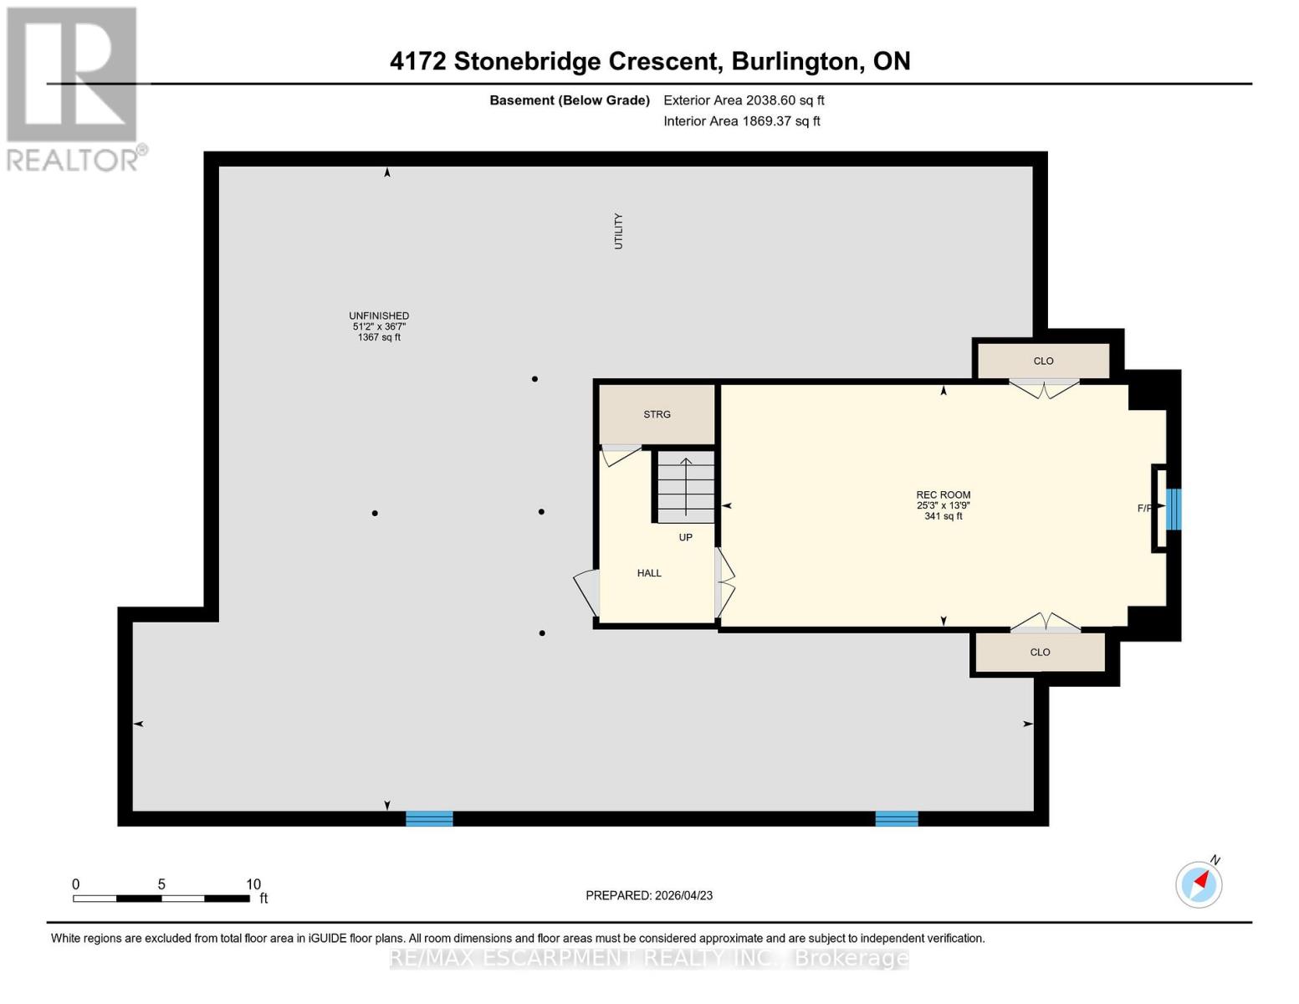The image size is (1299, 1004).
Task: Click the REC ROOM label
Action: coord(943,495)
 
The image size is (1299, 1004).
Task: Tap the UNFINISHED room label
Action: coord(379,316)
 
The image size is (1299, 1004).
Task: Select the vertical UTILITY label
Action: coord(619,231)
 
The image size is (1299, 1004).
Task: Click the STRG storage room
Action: coord(657,414)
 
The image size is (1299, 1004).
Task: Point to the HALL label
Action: coord(649,573)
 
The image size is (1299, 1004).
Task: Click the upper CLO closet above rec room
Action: coord(1043,361)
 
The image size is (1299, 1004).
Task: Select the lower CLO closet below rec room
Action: coord(1040,652)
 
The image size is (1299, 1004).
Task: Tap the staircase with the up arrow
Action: coord(686,486)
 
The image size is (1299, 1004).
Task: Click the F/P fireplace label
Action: coord(1144,508)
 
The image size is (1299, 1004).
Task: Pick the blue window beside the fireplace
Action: coord(1174,509)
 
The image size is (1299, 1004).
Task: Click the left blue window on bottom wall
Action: coord(429,818)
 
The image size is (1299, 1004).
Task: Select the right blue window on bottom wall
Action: coord(897,818)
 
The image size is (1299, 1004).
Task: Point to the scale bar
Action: coord(161,899)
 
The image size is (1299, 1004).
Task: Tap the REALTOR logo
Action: coord(74,88)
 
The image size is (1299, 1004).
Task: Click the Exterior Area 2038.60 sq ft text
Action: coord(744,100)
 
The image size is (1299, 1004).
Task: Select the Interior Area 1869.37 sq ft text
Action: coord(741,121)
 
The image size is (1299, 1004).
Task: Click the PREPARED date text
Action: coord(649,895)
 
